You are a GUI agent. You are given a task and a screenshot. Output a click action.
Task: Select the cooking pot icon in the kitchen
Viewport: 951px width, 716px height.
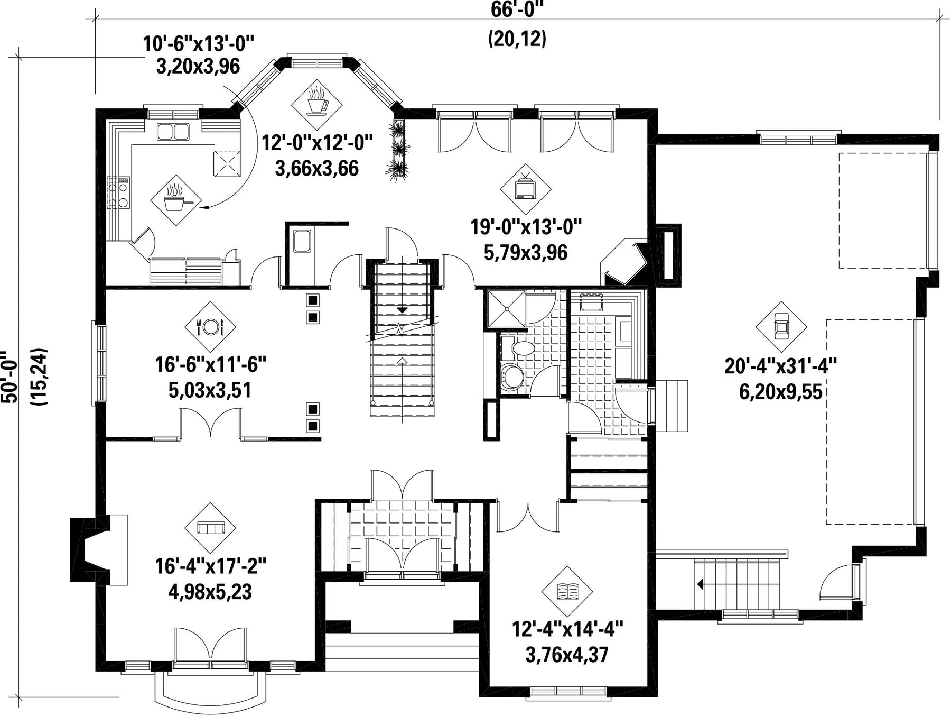pyautogui.click(x=175, y=200)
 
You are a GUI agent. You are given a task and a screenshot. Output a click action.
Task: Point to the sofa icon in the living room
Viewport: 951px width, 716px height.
pyautogui.click(x=210, y=528)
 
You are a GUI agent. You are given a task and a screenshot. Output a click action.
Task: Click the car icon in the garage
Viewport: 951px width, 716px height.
pyautogui.click(x=781, y=327)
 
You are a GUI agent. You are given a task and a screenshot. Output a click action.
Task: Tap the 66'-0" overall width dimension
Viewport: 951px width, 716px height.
pyautogui.click(x=517, y=10)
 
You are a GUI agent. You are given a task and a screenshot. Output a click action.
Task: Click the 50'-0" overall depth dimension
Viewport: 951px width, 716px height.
pyautogui.click(x=11, y=377)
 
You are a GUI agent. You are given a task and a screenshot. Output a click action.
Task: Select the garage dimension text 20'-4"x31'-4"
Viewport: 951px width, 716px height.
pyautogui.click(x=780, y=366)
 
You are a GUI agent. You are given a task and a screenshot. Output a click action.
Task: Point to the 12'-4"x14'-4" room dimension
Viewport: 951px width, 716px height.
pyautogui.click(x=567, y=629)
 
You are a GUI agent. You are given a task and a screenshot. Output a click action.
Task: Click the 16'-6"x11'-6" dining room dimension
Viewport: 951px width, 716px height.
pyautogui.click(x=210, y=364)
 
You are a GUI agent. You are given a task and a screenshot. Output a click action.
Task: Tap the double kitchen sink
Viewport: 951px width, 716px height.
pyautogui.click(x=173, y=131)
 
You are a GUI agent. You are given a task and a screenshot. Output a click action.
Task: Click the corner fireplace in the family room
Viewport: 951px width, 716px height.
pyautogui.click(x=625, y=263)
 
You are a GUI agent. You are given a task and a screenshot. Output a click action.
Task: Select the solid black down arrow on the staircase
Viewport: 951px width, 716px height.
pyautogui.click(x=403, y=309)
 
